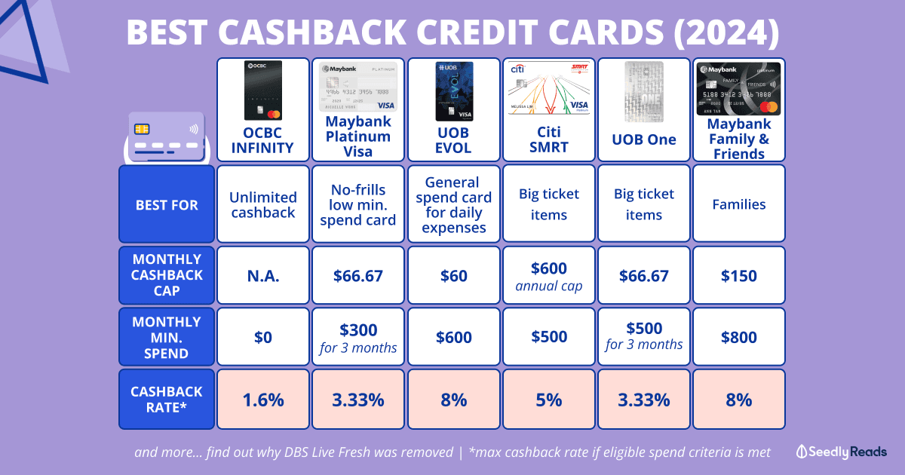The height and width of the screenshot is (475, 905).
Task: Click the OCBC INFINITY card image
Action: pos(263,90)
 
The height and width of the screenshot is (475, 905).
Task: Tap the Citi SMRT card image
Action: pos(549,89)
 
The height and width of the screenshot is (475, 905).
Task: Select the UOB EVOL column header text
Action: pos(453,140)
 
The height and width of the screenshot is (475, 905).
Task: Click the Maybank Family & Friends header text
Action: pos(739,139)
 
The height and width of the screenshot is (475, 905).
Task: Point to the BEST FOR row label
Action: pos(167,205)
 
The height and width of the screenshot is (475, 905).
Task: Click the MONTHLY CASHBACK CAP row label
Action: pos(167,274)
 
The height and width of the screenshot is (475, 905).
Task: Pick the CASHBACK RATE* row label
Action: pos(167,399)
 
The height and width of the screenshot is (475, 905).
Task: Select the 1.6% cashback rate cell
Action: pos(263,400)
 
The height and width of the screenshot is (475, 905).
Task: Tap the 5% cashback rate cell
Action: pos(549,400)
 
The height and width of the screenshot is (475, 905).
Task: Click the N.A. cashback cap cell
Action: pos(263,275)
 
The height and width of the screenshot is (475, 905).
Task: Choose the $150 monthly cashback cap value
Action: pos(739,276)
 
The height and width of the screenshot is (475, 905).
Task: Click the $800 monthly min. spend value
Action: pos(739,337)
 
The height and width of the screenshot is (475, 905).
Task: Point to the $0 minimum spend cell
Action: pos(263,337)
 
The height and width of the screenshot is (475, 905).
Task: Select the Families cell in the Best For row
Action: pos(739,204)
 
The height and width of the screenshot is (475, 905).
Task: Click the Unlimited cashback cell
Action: pos(263,204)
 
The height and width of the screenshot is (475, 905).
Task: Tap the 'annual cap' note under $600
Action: pos(549,286)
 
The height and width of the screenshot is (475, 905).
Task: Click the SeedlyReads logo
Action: pos(842,452)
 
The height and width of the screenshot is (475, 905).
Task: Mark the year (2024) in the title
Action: pos(726,32)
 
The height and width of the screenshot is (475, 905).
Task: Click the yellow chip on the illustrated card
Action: pos(142,129)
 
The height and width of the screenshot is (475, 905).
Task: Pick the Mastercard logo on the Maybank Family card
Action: pos(768,107)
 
